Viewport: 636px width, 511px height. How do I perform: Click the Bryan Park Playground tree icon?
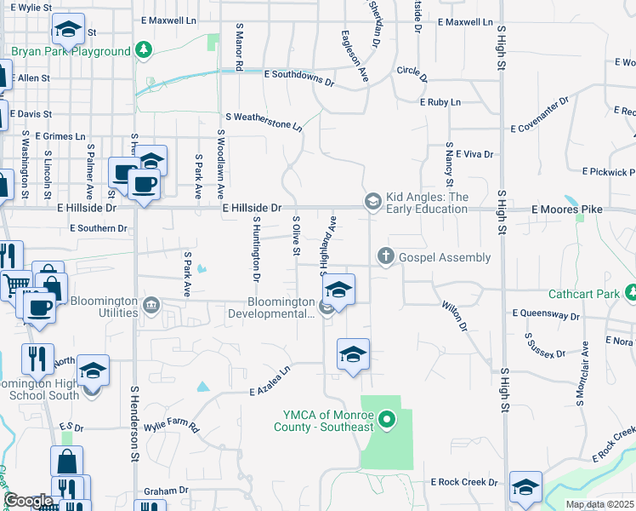(145, 51)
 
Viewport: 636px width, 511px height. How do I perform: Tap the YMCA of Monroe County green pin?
(388, 419)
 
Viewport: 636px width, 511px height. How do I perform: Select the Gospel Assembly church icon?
(385, 256)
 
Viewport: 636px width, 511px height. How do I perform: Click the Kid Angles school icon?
(372, 201)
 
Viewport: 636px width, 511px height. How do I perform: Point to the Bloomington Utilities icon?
(152, 305)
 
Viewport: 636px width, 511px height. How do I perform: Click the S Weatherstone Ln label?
(263, 121)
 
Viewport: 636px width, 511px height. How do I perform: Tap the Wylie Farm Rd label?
(171, 425)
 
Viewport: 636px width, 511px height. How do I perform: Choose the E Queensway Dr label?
(546, 313)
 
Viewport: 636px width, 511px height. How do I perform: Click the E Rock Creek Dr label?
(463, 482)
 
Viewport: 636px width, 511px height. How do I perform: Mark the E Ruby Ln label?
(440, 102)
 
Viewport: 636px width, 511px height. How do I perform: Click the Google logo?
(28, 500)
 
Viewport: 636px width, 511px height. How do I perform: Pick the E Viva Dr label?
(474, 154)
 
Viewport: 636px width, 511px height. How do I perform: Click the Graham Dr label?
(166, 491)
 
